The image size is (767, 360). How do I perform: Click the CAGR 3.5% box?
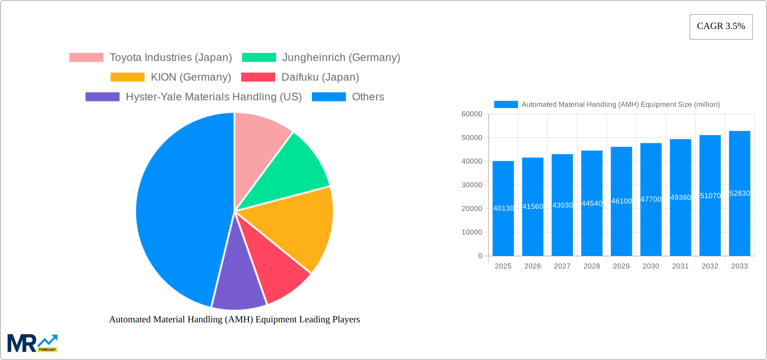(x=721, y=27)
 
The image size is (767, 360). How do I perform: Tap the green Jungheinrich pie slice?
(x=289, y=172)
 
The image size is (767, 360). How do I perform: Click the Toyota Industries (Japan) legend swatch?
(x=86, y=58)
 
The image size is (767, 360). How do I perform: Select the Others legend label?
(x=368, y=97)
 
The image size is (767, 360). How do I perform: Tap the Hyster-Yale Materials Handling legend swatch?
(x=102, y=97)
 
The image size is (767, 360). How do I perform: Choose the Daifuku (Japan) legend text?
(x=320, y=77)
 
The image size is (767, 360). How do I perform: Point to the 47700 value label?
(x=651, y=199)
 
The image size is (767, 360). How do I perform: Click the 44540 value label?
(x=592, y=204)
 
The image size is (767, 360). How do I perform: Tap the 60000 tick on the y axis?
(x=472, y=114)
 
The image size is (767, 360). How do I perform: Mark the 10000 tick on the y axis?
(x=472, y=232)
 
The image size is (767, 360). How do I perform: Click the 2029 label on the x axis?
(x=621, y=266)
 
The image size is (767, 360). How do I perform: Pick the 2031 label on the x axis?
(x=680, y=266)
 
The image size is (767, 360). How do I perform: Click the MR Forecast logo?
(x=32, y=343)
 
